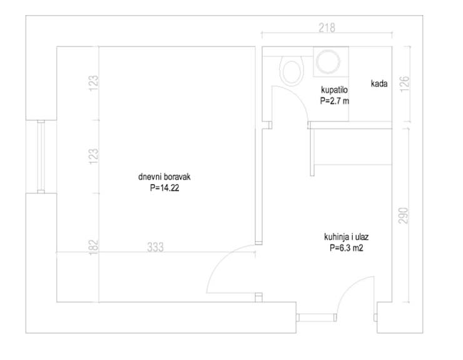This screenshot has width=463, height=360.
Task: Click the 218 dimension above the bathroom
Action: click(x=327, y=28)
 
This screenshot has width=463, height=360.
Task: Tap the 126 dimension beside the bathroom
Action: click(x=405, y=84)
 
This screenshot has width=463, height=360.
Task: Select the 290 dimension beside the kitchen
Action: click(x=404, y=215)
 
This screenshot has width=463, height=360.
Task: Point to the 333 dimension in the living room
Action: click(x=155, y=247)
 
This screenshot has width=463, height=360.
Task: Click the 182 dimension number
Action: click(x=93, y=247)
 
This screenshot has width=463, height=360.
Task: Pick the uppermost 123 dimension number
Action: click(x=93, y=83)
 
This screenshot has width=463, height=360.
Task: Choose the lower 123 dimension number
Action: click(x=93, y=157)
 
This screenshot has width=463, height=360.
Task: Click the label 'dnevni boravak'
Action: click(x=165, y=177)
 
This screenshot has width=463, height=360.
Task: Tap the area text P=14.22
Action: click(x=165, y=188)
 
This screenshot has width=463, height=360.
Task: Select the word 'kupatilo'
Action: click(x=334, y=90)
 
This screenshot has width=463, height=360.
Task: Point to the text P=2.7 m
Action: click(x=335, y=101)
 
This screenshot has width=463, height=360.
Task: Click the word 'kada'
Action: click(x=379, y=84)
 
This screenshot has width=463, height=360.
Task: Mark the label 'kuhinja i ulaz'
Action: click(x=347, y=237)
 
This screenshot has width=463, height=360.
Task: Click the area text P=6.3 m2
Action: click(x=347, y=248)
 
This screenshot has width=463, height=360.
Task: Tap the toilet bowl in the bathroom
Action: click(x=292, y=71)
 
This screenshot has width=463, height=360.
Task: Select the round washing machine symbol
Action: click(x=327, y=61)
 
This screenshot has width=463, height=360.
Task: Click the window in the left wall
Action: click(x=41, y=157)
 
